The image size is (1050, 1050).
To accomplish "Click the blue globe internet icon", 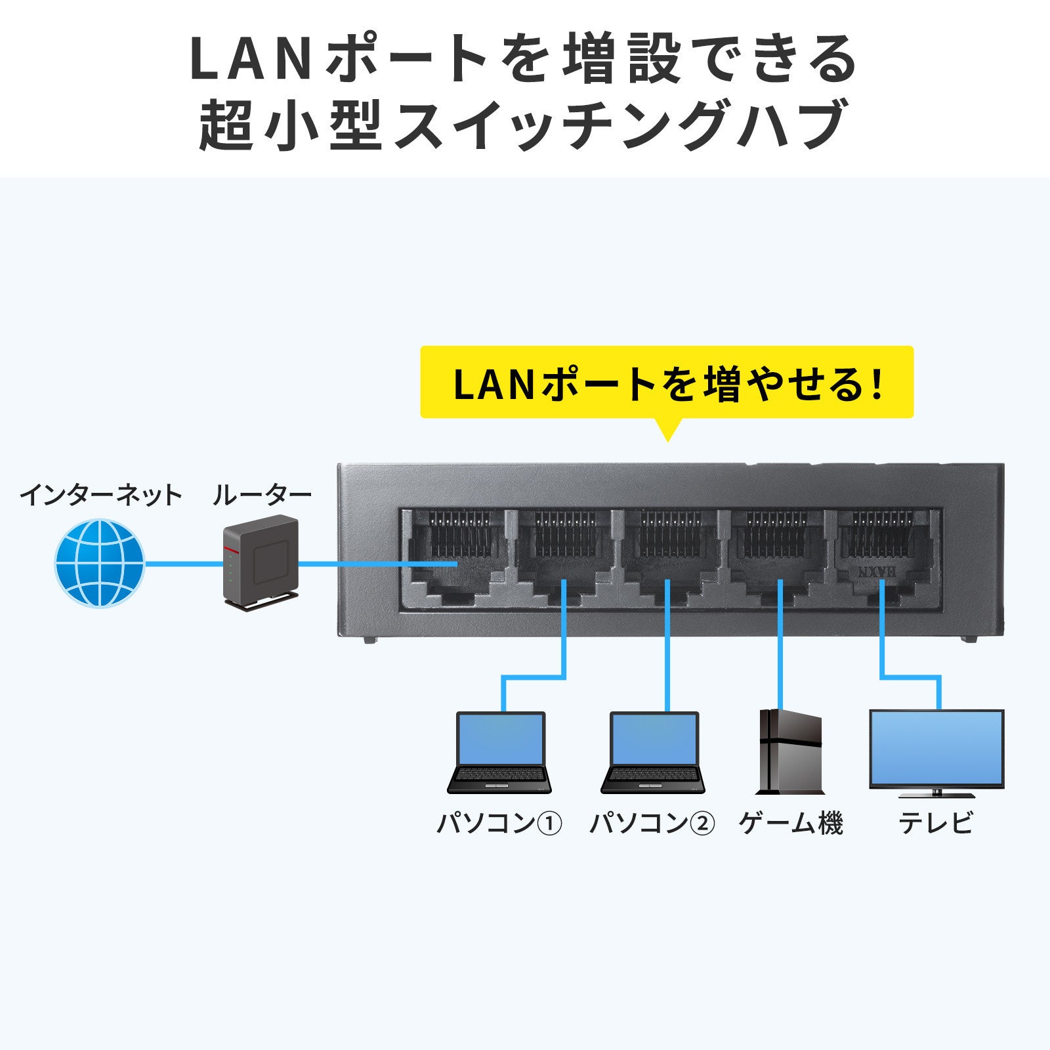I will click(x=99, y=563).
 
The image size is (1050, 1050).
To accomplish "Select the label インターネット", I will click(x=100, y=495).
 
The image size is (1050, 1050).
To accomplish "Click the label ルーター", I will click(x=261, y=495).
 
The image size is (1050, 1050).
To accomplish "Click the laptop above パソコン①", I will click(x=500, y=752).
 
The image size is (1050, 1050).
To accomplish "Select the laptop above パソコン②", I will click(x=654, y=752).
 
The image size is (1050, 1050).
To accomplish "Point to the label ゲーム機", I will click(x=790, y=823).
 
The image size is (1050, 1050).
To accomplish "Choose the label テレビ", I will click(x=936, y=823).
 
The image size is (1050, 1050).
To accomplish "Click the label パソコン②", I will click(x=652, y=823).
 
